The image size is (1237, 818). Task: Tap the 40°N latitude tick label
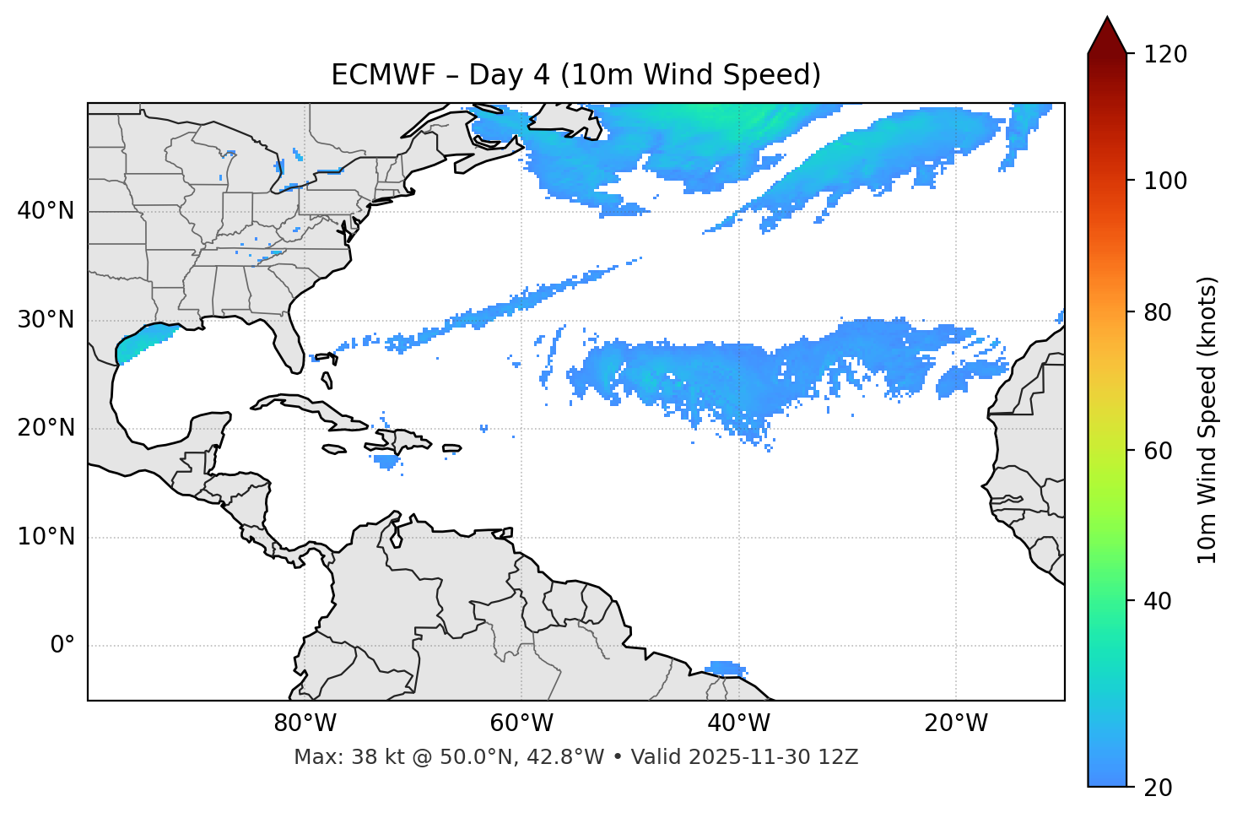coord(46,211)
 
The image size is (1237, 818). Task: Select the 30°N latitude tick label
coord(46,320)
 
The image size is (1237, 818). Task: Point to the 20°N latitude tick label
coord(46,428)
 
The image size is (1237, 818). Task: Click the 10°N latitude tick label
coord(46,537)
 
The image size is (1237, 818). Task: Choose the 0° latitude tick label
coord(62,646)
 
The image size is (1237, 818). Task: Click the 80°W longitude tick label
coord(305,723)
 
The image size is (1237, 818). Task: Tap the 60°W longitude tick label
coord(521,723)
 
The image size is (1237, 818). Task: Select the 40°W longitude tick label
coord(738,723)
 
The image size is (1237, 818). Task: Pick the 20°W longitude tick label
coord(955,723)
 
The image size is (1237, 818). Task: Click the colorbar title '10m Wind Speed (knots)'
coord(1207,420)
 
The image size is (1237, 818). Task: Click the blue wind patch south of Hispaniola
coord(387,462)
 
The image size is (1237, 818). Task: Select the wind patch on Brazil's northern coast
coord(724,669)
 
